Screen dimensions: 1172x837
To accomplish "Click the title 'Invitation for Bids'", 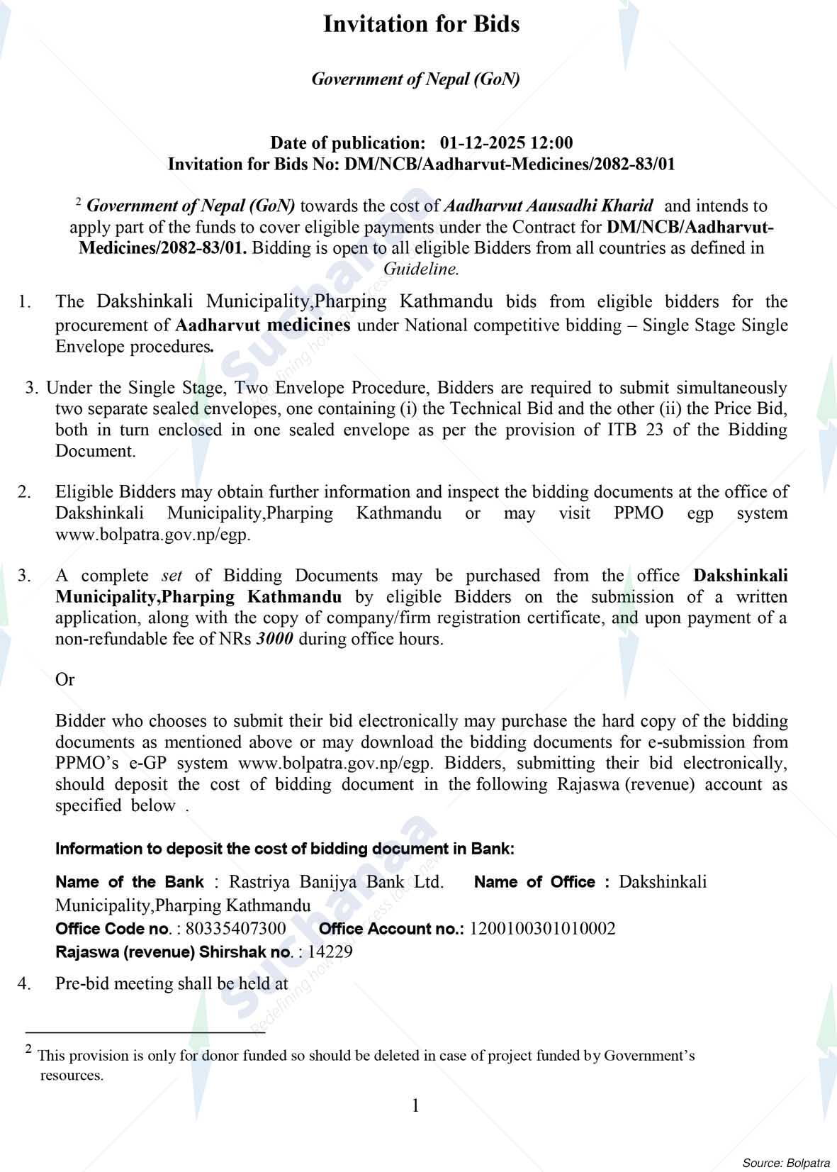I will click(421, 25).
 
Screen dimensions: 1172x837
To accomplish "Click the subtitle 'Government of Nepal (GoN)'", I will click(416, 79).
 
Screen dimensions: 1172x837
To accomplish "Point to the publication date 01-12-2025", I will click(482, 143).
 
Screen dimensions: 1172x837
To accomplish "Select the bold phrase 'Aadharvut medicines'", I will click(262, 325).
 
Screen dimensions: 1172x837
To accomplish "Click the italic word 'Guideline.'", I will click(421, 269).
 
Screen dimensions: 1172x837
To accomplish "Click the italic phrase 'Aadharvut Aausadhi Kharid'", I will click(548, 206).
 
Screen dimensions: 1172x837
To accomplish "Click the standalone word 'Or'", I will click(64, 680).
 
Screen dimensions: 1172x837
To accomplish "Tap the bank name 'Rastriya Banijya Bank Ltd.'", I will click(337, 883).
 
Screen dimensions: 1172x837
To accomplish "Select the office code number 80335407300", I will click(235, 929).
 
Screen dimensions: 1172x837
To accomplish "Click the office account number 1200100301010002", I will click(542, 929).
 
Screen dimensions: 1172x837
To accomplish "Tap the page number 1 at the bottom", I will click(416, 1105).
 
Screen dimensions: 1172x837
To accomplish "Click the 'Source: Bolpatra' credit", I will click(786, 1163).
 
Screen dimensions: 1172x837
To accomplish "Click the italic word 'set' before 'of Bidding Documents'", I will click(172, 576).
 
